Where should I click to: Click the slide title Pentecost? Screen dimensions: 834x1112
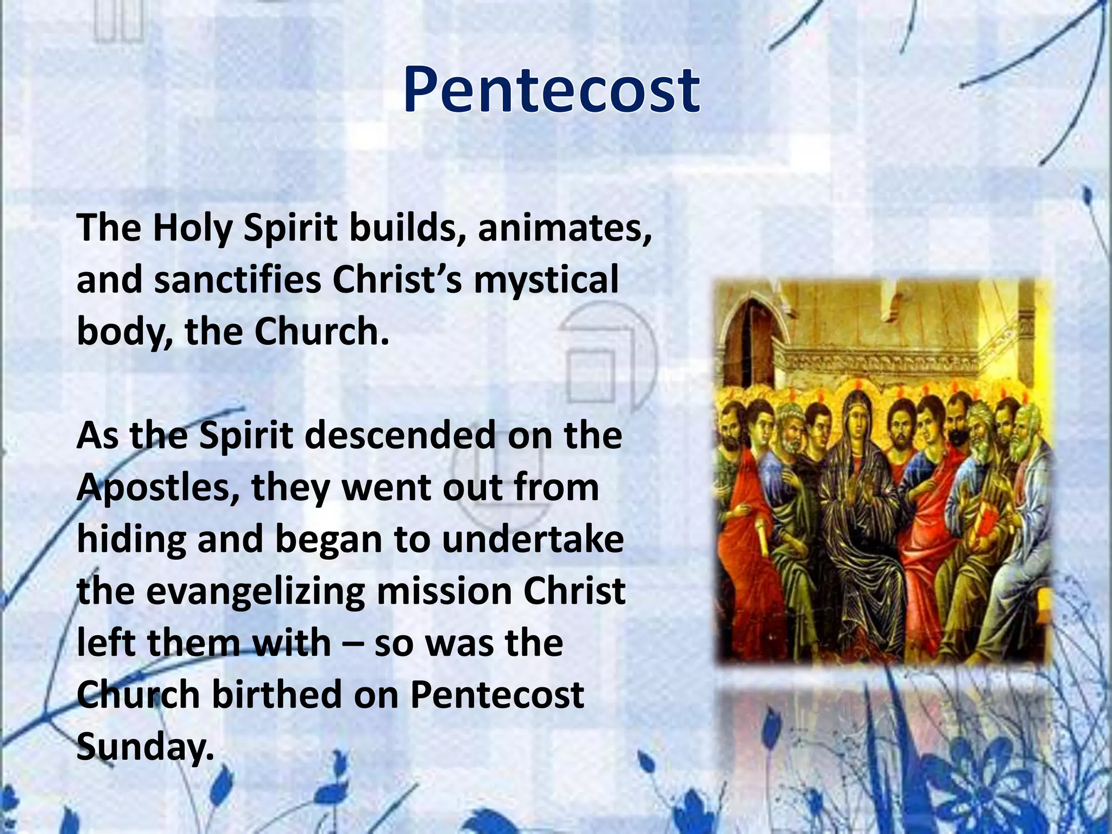click(x=551, y=90)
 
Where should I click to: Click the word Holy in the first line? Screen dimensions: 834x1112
click(x=192, y=228)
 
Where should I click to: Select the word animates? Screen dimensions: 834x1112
click(x=565, y=228)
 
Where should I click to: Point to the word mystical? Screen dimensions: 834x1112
click(x=546, y=280)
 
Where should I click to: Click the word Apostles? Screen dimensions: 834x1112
click(x=157, y=488)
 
